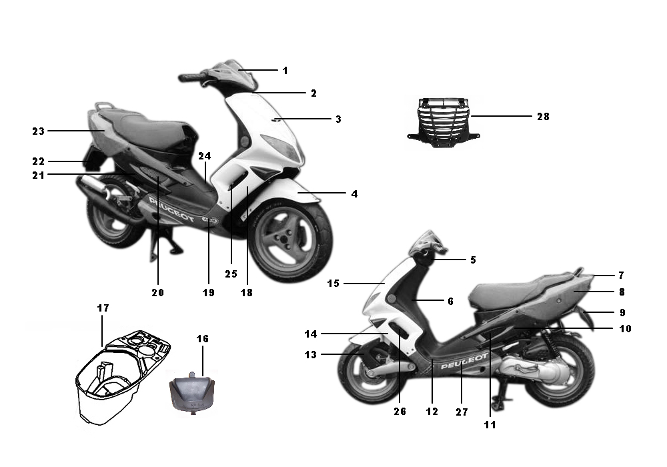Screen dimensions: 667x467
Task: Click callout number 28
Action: pos(543,117)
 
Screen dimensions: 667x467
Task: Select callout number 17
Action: pos(103,308)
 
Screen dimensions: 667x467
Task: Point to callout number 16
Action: pos(203,338)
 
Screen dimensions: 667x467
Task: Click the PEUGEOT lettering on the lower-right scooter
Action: pos(464,361)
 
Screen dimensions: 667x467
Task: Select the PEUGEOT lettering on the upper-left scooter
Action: pos(171,209)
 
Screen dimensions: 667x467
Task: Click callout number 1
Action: pos(285,71)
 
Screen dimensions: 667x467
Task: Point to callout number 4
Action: pos(354,194)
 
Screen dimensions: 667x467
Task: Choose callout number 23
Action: pos(38,131)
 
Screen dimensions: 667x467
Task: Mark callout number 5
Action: pos(473,260)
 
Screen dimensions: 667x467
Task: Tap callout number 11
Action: pos(490,424)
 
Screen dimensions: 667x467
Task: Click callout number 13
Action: pos(311,355)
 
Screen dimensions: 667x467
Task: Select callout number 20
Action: pos(157,293)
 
